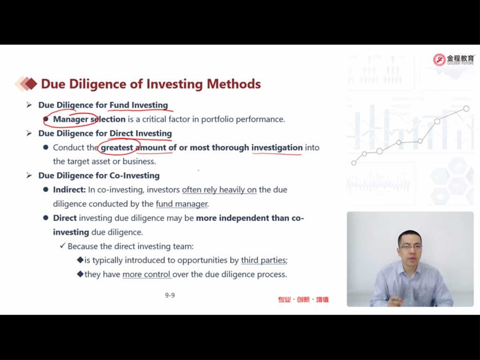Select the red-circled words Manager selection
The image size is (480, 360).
pyautogui.click(x=89, y=119)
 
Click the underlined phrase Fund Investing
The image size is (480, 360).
pyautogui.click(x=139, y=105)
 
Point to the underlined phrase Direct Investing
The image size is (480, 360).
pyautogui.click(x=141, y=134)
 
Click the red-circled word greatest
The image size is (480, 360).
pyautogui.click(x=117, y=148)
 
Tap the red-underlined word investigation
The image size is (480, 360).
pyautogui.click(x=277, y=148)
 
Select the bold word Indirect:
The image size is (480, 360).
pyautogui.click(x=69, y=190)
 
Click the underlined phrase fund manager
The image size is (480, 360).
pyautogui.click(x=181, y=204)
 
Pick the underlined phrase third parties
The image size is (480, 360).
pyautogui.click(x=263, y=260)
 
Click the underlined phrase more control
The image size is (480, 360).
pyautogui.click(x=146, y=274)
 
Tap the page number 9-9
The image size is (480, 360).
pyautogui.click(x=170, y=295)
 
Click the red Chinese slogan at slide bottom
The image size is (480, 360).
pyautogui.click(x=303, y=300)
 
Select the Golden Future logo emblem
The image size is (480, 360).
pyautogui.click(x=439, y=60)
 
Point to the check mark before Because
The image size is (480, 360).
pyautogui.click(x=62, y=246)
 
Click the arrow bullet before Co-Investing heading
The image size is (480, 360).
pyautogui.click(x=29, y=175)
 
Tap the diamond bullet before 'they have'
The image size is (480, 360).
pyautogui.click(x=80, y=274)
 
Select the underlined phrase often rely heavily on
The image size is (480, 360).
pyautogui.click(x=219, y=190)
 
